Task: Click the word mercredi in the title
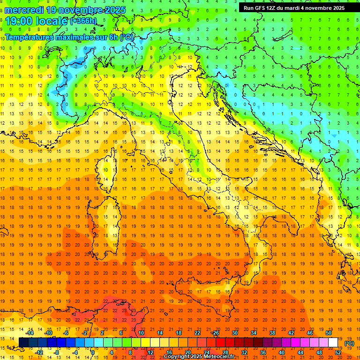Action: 24,10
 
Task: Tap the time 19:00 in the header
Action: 20,21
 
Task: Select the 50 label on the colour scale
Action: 328,333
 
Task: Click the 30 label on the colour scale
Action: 234,333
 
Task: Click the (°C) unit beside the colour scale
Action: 350,343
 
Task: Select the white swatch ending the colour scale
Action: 333,343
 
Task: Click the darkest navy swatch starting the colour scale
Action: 23,343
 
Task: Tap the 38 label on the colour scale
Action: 272,333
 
